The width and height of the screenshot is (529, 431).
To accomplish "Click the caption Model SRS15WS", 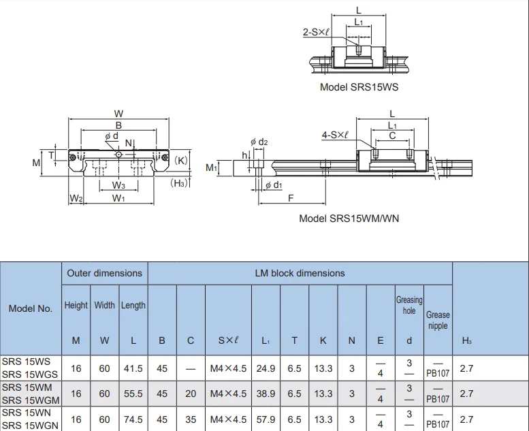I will (x=359, y=87).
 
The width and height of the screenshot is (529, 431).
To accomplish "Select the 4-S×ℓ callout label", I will (x=335, y=135).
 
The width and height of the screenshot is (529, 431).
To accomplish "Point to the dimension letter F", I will (x=291, y=199).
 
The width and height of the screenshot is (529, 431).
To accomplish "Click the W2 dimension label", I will (x=76, y=199).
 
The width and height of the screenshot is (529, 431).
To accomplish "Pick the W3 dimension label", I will (x=118, y=186).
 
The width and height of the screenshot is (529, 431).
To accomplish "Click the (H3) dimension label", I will (x=180, y=183).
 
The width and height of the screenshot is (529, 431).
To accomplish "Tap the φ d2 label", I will (x=259, y=142).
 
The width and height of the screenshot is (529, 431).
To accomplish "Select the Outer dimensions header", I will (x=104, y=273).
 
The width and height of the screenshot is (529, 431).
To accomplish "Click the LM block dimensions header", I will (x=300, y=273).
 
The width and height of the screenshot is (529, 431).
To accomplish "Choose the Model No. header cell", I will (x=31, y=308).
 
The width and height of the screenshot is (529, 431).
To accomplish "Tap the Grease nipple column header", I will (x=438, y=320).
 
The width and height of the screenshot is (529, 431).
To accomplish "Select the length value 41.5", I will (x=133, y=368).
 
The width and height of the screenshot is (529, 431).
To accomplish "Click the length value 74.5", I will (x=133, y=419).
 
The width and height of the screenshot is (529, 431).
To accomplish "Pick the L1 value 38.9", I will (x=266, y=394).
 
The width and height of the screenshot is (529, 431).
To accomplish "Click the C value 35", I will (x=191, y=419).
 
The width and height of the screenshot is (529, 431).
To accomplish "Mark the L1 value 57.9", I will (x=266, y=419).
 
